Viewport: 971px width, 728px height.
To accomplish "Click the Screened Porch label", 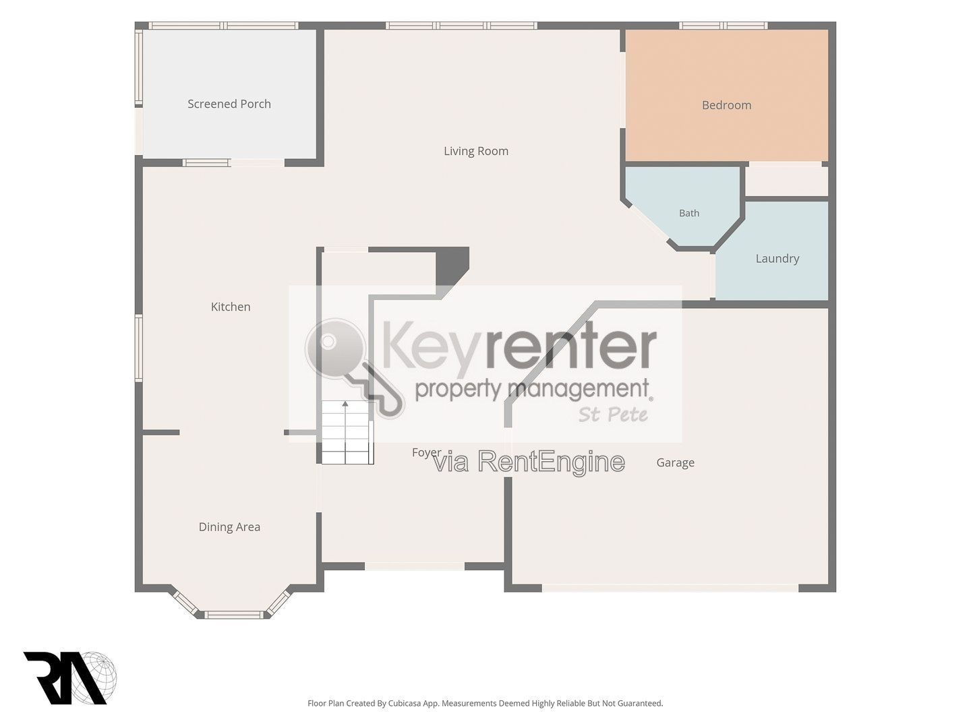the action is tap(229, 104).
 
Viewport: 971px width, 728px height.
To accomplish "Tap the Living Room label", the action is tap(476, 151).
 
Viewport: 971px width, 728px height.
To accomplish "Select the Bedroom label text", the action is tap(726, 105).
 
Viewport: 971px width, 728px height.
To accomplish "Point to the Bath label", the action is tap(689, 213).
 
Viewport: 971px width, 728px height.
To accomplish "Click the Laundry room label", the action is tap(777, 259).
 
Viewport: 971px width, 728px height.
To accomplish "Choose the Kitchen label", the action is tap(231, 307).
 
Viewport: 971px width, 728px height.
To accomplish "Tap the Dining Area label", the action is tap(229, 527).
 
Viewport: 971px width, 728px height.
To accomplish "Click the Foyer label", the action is tap(426, 452).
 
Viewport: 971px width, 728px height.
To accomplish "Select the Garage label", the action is tap(675, 463).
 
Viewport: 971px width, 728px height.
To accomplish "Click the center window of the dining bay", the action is tap(234, 614).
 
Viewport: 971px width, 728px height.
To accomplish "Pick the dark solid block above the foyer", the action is tap(452, 266).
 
